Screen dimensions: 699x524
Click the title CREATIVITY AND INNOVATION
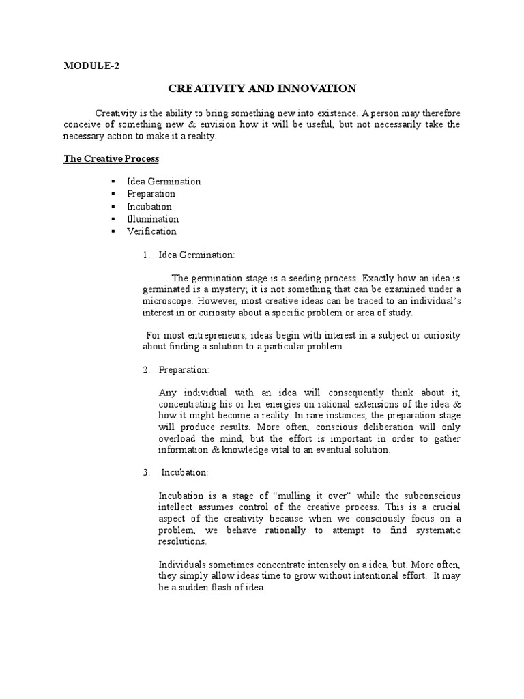(x=262, y=88)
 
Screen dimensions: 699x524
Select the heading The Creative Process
(x=111, y=158)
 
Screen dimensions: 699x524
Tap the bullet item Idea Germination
(x=164, y=182)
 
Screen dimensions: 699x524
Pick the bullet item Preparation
(x=151, y=194)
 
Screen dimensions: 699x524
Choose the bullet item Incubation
(x=149, y=206)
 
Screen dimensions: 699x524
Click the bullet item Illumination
(x=153, y=219)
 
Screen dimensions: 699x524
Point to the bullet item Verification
(x=151, y=231)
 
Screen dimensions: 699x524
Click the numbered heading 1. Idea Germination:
(x=196, y=255)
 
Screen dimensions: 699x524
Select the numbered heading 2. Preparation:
(x=184, y=369)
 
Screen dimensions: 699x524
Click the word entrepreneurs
(x=210, y=335)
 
